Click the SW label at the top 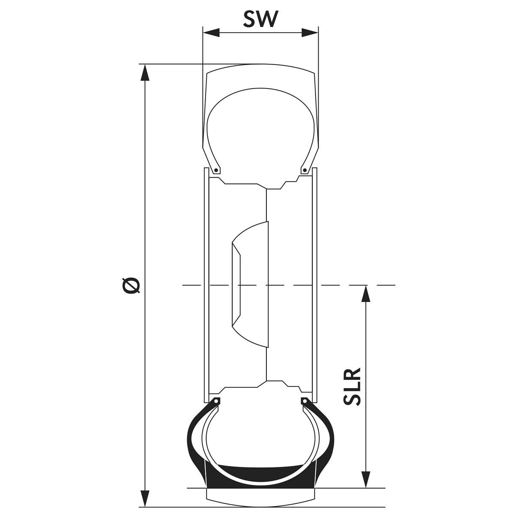260,19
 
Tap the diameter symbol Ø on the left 131,285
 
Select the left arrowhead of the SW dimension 211,33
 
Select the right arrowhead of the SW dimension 310,33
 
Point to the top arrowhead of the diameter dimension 145,72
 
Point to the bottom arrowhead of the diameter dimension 145,498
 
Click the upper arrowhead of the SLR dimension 366,293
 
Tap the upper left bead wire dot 217,170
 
